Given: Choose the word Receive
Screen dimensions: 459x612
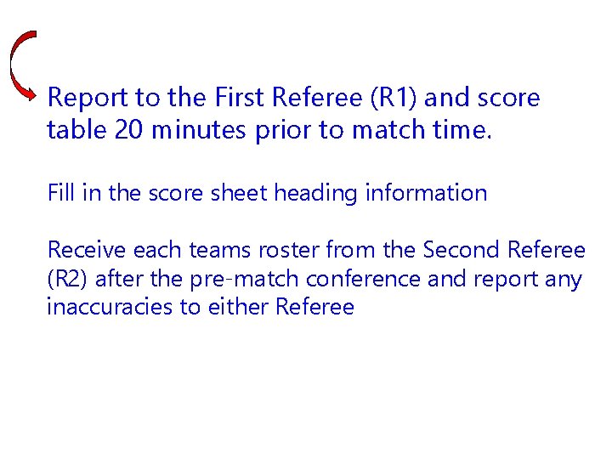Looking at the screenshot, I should tap(82, 250).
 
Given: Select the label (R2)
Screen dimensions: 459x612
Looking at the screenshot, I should tap(64, 279).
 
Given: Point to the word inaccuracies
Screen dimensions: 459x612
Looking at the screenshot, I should tap(110, 307).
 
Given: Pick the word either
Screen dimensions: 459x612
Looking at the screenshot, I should tap(236, 307).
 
